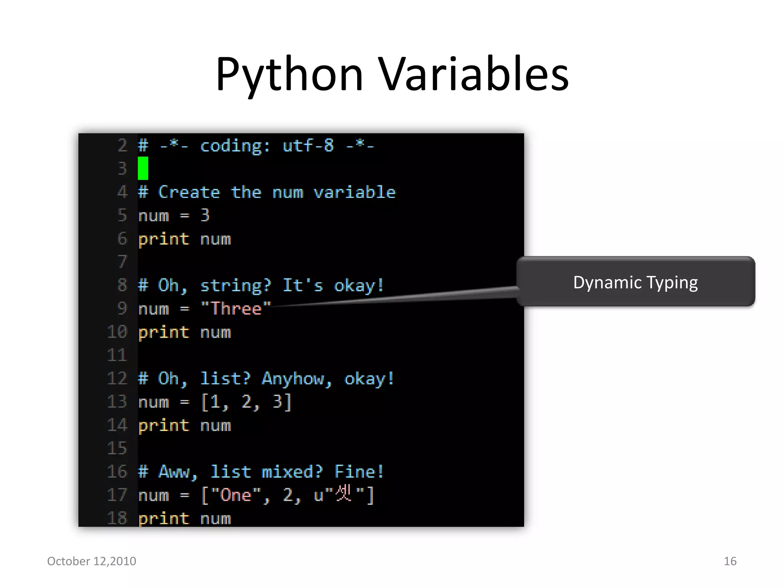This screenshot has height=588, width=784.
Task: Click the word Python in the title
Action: pyautogui.click(x=289, y=75)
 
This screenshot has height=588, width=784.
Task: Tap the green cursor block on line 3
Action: pyautogui.click(x=143, y=168)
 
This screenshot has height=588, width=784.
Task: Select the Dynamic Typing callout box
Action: pyautogui.click(x=635, y=282)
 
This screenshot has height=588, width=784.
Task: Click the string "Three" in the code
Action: pyautogui.click(x=236, y=309)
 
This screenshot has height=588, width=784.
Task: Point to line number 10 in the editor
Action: pyautogui.click(x=117, y=332)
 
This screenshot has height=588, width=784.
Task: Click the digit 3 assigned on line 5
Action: pyautogui.click(x=205, y=216)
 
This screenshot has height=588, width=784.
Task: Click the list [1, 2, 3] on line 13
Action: pyautogui.click(x=246, y=402)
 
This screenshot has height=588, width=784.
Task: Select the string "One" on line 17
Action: pyautogui.click(x=235, y=495)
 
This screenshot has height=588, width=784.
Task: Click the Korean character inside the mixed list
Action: pyautogui.click(x=343, y=493)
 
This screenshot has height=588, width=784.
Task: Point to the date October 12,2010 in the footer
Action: pyautogui.click(x=91, y=561)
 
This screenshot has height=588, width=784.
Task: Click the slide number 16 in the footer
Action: pyautogui.click(x=730, y=561)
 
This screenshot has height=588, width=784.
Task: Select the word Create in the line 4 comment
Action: pyautogui.click(x=189, y=192)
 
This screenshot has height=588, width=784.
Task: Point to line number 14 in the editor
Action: pyautogui.click(x=117, y=425)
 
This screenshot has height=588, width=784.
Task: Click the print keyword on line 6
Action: pyautogui.click(x=163, y=239)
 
